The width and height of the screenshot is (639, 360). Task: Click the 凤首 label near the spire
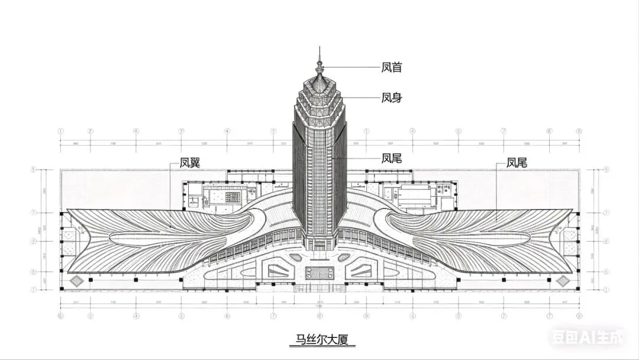(x=392, y=67)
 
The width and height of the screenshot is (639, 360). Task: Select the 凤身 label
(x=392, y=98)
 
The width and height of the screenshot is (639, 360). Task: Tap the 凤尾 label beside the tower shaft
(x=392, y=158)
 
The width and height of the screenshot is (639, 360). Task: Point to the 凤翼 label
(x=191, y=163)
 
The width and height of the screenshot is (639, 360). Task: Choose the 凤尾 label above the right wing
(x=517, y=162)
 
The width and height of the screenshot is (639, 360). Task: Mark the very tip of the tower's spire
(x=319, y=47)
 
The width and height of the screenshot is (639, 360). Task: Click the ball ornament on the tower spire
(x=319, y=62)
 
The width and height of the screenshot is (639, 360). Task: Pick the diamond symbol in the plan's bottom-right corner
(x=563, y=280)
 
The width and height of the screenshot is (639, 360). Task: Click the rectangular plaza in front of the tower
(x=319, y=274)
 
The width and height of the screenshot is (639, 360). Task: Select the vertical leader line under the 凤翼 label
(x=170, y=195)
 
